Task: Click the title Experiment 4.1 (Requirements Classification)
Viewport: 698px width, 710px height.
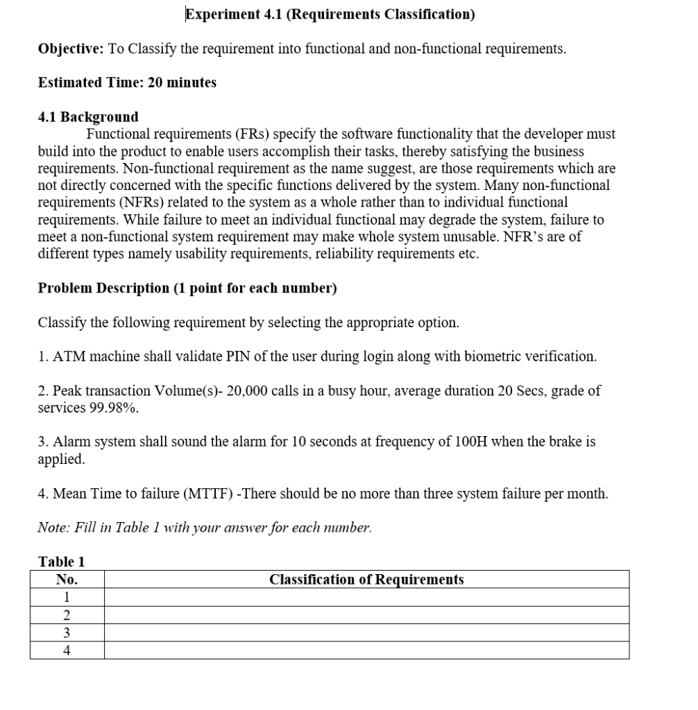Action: (330, 15)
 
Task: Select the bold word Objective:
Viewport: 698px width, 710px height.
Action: (71, 49)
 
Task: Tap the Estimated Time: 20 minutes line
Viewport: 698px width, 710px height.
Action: (127, 83)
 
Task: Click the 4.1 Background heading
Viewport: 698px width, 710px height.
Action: (88, 116)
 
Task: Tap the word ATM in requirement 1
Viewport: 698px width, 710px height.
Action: (67, 356)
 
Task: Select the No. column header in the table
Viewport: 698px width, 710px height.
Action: (67, 580)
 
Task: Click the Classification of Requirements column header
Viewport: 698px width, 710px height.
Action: (366, 580)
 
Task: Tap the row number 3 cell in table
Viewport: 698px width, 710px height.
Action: (67, 632)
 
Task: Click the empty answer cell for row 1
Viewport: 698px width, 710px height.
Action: (366, 597)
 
